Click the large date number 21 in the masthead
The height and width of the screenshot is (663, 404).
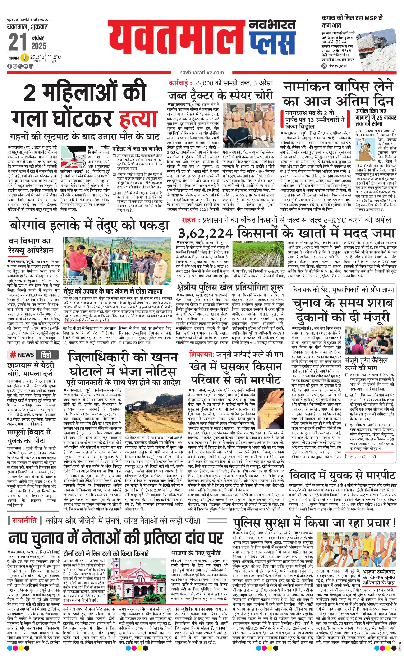pos(18,42)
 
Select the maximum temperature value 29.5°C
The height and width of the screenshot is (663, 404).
pos(37,57)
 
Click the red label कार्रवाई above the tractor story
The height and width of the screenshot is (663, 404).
pos(179,83)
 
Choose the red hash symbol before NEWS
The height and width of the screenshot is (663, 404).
pos(12,355)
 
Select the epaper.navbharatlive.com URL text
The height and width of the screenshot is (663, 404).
pos(29,19)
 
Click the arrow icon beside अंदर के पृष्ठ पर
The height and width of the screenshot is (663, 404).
pos(324,66)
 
